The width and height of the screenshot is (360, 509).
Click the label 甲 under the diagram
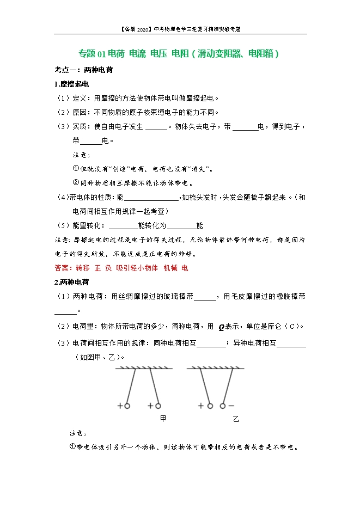[x=163, y=419]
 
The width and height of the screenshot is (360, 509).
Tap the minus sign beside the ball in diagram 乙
[x=231, y=406]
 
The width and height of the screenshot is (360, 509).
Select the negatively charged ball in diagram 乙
[x=223, y=406]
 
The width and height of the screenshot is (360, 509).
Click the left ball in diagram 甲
[x=127, y=406]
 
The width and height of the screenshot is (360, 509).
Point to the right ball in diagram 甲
[x=158, y=406]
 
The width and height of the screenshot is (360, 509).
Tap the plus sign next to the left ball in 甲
[x=120, y=406]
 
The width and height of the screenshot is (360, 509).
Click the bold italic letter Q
[x=221, y=327]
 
